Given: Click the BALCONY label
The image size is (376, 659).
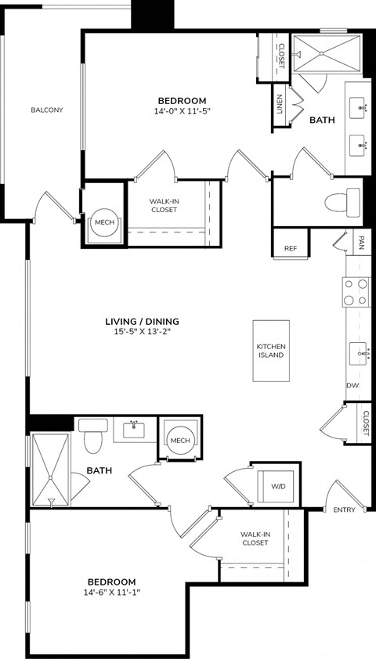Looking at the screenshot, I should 47,110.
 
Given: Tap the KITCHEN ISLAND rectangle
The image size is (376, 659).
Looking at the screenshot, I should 271,351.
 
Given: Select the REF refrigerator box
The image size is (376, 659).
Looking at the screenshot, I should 291,248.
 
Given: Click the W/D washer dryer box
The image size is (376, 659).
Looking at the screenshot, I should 279,485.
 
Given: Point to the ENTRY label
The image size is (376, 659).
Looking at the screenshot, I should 344,510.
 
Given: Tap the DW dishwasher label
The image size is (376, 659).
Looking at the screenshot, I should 352,386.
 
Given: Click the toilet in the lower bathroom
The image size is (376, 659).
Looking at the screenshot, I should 94,437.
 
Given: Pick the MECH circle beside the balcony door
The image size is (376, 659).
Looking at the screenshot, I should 104,222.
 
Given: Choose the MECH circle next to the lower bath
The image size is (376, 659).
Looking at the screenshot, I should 180,441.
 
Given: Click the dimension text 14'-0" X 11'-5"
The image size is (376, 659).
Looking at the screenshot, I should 182,111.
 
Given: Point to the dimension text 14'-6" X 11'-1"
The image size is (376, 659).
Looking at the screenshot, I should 111,593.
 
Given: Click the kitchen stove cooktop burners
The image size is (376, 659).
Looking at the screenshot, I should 357,292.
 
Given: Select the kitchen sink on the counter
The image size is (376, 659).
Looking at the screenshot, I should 360,354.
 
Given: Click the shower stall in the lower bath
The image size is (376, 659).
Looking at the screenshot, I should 50,470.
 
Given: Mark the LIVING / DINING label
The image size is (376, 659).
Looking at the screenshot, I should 143,321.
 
